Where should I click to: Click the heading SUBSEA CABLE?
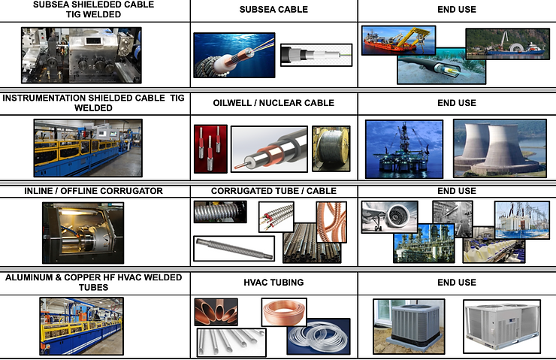coord(273,10)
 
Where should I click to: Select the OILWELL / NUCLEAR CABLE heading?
coord(273,103)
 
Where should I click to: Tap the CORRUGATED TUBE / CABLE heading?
coord(273,191)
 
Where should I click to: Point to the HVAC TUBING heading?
coord(273,283)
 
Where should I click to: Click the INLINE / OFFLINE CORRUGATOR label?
coord(83,191)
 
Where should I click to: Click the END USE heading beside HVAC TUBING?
coord(456,283)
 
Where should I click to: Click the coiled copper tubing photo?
coord(284,312)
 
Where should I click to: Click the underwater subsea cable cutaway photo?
coord(234,56)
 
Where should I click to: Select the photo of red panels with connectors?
coord(210,148)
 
